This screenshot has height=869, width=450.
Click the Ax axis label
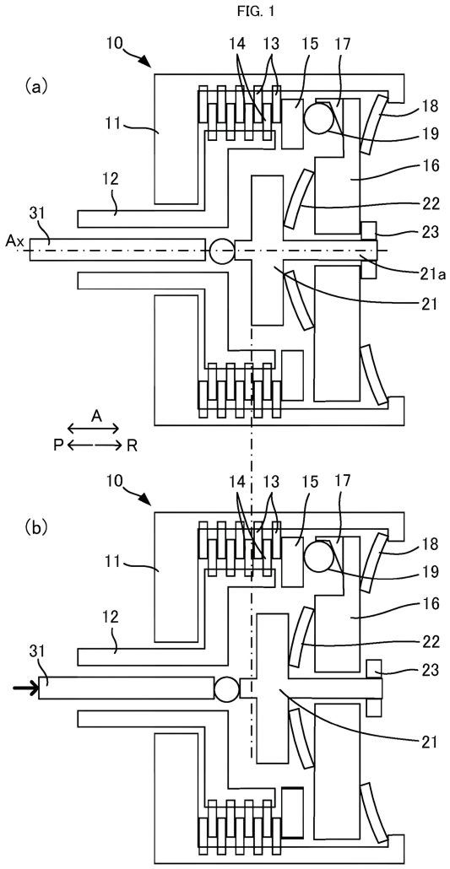click(x=14, y=241)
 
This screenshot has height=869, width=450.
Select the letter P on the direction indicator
click(x=58, y=445)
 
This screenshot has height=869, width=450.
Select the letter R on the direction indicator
click(x=132, y=445)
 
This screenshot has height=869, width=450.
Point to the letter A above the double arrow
click(x=96, y=416)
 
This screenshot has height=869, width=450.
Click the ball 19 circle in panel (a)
click(x=320, y=117)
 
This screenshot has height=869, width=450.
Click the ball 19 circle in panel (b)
click(x=320, y=558)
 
